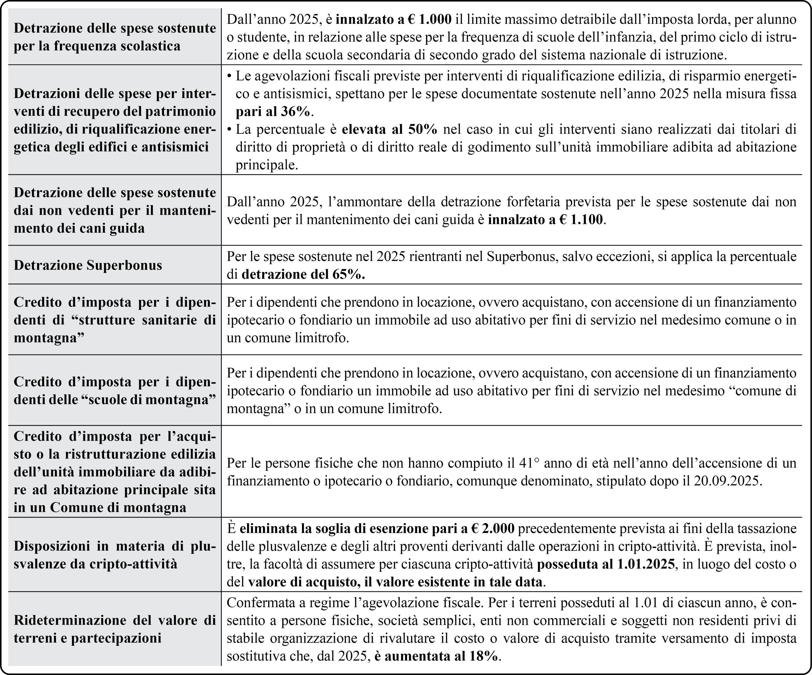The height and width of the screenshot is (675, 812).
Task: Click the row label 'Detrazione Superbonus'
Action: [x=88, y=265]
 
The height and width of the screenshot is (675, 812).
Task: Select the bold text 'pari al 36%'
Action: [x=273, y=111]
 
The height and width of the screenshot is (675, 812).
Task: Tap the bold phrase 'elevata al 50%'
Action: [x=390, y=129]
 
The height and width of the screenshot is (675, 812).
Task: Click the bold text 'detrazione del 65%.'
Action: [x=303, y=274]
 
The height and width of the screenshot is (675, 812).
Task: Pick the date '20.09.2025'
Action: [x=727, y=481]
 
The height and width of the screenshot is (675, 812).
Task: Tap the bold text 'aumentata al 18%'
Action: [x=441, y=656]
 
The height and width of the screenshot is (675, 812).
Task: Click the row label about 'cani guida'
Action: [x=115, y=210]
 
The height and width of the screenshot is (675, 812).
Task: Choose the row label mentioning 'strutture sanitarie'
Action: [x=115, y=320]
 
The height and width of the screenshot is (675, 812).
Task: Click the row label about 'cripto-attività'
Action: [x=115, y=555]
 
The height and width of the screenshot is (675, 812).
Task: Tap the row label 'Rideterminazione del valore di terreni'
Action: [x=115, y=629]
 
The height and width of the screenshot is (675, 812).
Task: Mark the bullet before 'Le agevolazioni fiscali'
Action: [x=229, y=76]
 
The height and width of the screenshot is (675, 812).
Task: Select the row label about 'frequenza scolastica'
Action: [x=115, y=37]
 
